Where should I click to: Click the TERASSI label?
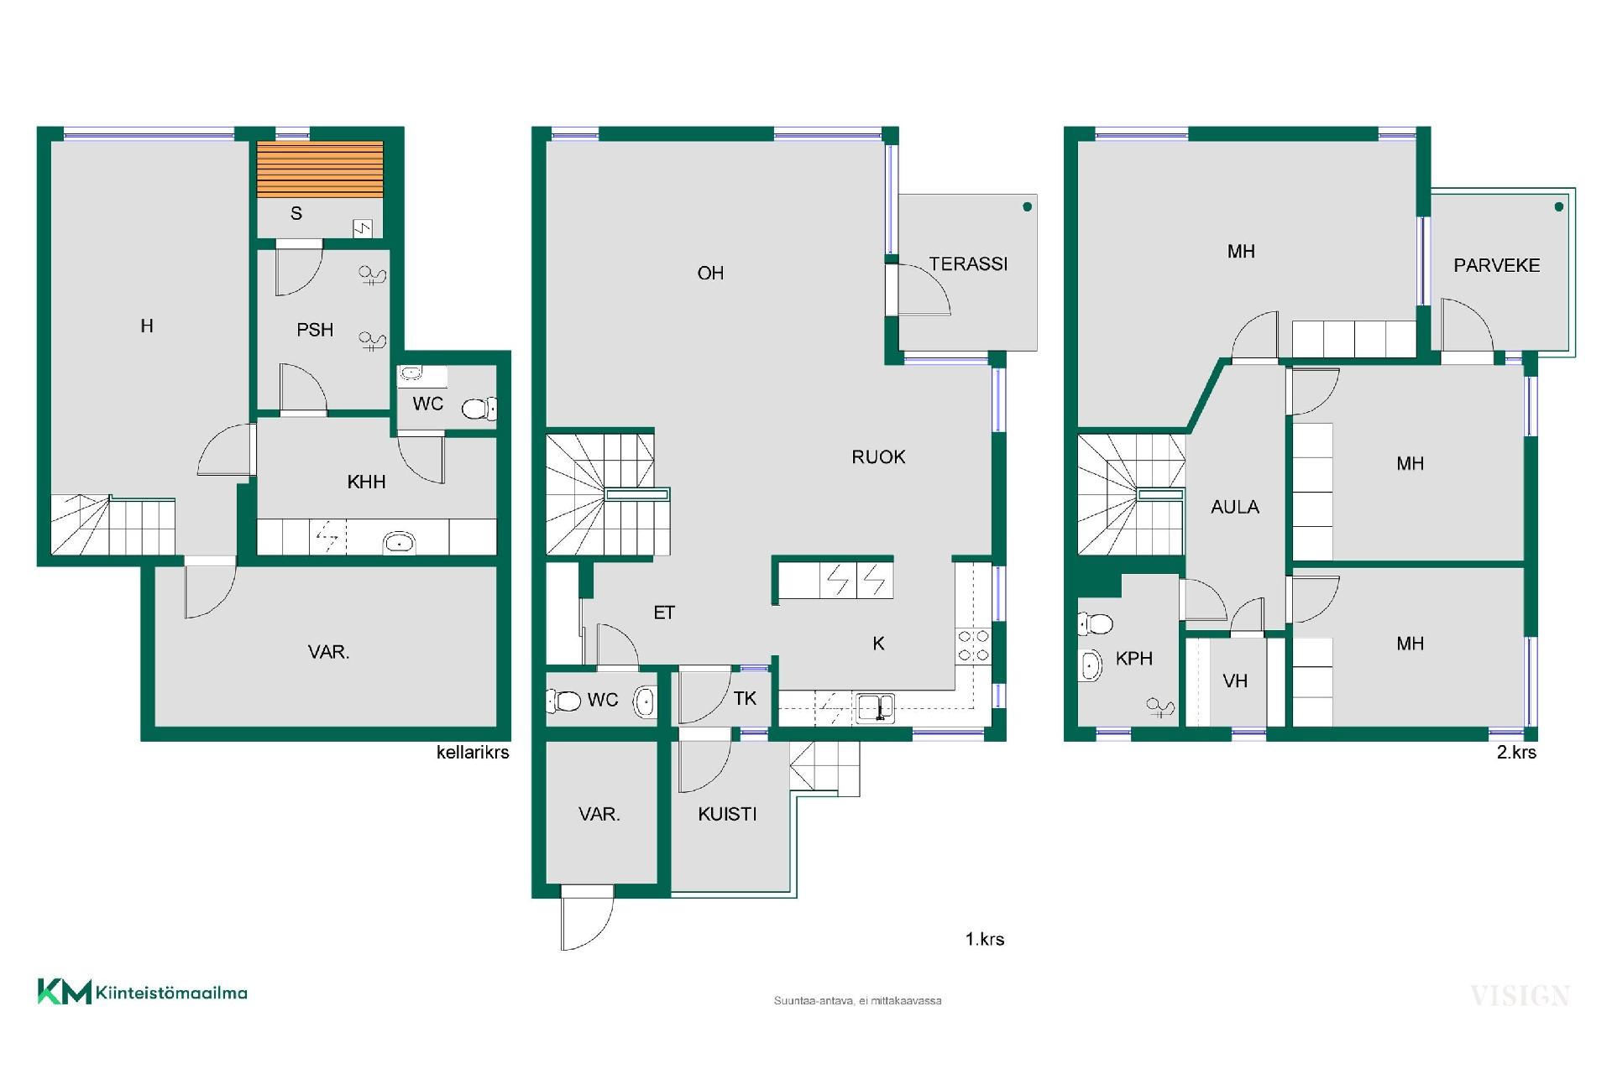tap(968, 264)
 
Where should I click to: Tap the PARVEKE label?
tap(1497, 266)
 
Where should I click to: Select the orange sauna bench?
tap(320, 169)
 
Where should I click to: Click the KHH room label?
tap(367, 482)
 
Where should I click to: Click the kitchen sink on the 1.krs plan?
tap(875, 708)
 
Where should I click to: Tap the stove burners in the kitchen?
tap(973, 646)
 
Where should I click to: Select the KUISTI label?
tap(728, 814)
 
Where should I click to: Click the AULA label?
tap(1235, 507)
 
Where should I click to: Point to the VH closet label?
tap(1235, 681)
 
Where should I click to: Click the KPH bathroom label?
tap(1134, 659)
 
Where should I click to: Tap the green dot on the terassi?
tap(1027, 207)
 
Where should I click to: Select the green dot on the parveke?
tap(1559, 206)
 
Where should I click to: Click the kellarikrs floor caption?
tap(473, 753)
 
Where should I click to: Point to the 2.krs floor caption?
tap(1516, 753)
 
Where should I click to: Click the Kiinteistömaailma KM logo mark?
tap(64, 992)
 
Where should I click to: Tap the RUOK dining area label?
tap(879, 457)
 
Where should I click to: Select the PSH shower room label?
tap(315, 331)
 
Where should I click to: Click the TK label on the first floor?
tap(745, 699)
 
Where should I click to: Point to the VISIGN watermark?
tap(1520, 996)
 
